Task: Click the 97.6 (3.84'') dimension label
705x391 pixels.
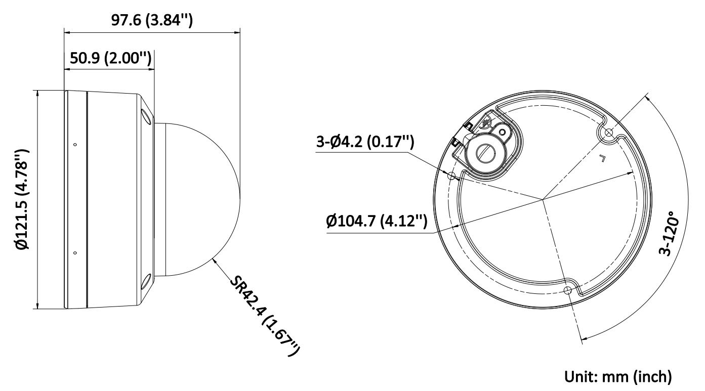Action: (152, 20)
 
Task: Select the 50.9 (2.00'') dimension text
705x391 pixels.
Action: (110, 58)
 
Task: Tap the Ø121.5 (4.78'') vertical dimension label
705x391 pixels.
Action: (23, 199)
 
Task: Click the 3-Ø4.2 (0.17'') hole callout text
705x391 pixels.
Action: (365, 142)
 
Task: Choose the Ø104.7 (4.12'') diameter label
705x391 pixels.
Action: (377, 221)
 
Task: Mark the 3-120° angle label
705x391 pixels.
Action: (668, 233)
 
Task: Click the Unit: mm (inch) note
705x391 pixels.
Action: (618, 376)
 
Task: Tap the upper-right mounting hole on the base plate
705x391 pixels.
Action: (609, 133)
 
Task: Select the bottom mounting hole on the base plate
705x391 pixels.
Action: (567, 290)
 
